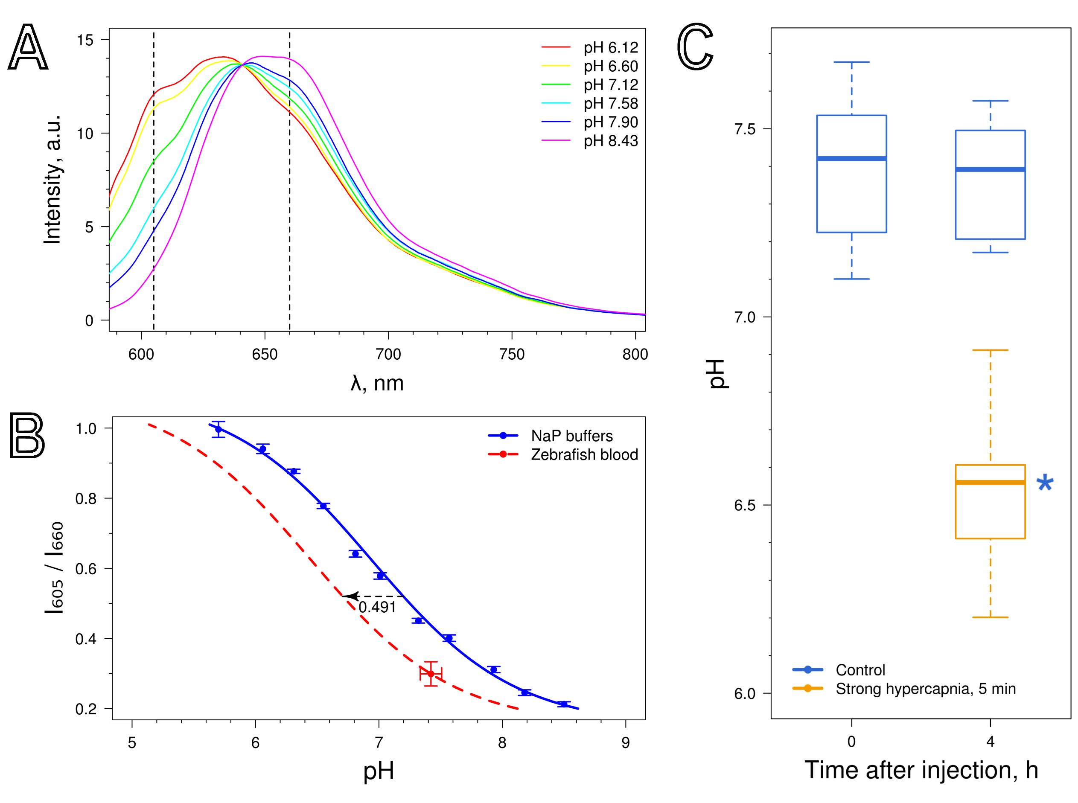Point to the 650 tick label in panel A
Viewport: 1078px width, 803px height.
[x=265, y=354]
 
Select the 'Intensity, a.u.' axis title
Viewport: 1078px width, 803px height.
[x=52, y=180]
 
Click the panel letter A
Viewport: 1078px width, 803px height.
[x=28, y=47]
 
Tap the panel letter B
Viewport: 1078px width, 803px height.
[x=27, y=436]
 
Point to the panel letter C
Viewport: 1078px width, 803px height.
[x=695, y=47]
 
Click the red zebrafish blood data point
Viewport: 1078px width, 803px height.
[x=430, y=674]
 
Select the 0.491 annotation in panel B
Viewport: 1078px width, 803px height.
[x=377, y=607]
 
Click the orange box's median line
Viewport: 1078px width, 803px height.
[x=990, y=482]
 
